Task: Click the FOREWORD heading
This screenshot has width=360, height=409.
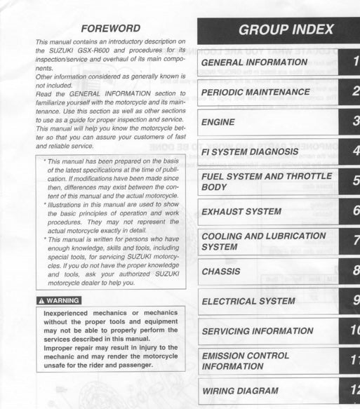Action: click(x=110, y=29)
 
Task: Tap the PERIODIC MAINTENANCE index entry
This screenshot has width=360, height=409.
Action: click(x=255, y=92)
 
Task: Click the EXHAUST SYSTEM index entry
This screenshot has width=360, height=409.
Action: click(x=241, y=211)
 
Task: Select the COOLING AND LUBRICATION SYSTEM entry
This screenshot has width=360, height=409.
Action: click(x=263, y=241)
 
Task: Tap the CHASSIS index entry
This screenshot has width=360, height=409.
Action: click(x=220, y=271)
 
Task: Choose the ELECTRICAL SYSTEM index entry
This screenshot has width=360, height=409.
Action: click(x=248, y=301)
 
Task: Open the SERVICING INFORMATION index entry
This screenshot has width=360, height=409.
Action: click(x=257, y=330)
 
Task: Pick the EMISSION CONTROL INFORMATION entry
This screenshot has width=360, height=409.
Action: click(x=245, y=361)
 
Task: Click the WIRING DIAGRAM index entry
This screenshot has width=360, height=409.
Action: click(x=239, y=390)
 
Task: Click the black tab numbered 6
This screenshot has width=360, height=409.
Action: click(x=353, y=211)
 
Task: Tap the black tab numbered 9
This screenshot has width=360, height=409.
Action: click(x=353, y=301)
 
